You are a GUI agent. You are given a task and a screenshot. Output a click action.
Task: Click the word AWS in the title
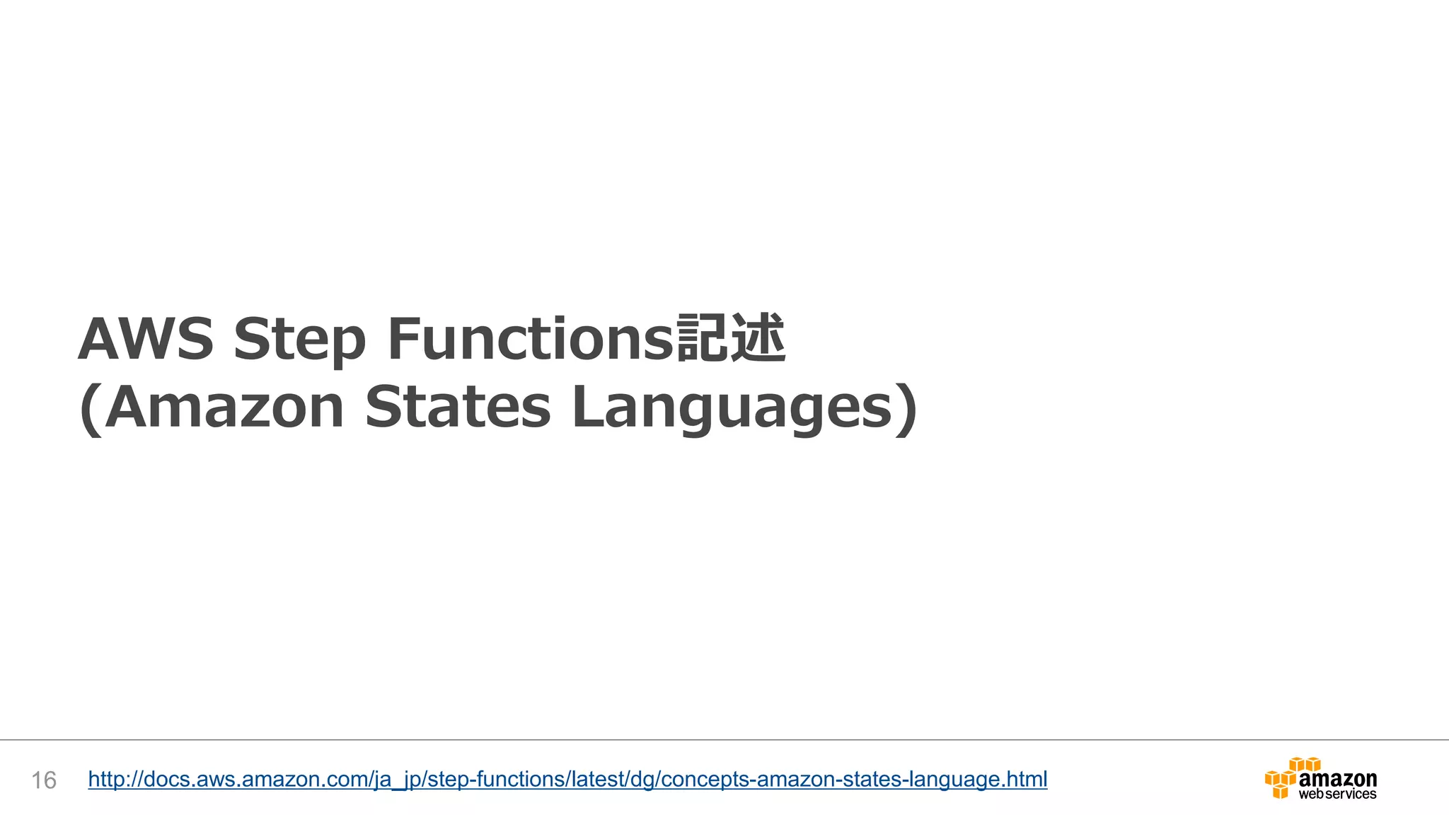pos(146,339)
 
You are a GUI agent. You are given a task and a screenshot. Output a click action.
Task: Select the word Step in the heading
pos(300,340)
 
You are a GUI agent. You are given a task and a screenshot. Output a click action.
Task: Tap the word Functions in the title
pos(531,339)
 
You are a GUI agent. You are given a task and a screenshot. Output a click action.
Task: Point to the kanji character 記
pos(703,338)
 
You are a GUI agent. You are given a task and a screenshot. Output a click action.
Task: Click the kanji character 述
pos(758,338)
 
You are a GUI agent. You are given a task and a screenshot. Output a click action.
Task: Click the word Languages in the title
pos(732,409)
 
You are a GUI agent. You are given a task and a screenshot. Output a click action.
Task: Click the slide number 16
pos(44,780)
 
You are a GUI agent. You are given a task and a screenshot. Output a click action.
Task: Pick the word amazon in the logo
pos(1338,778)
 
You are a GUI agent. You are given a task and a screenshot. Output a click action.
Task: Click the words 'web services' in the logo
pos(1337,794)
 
